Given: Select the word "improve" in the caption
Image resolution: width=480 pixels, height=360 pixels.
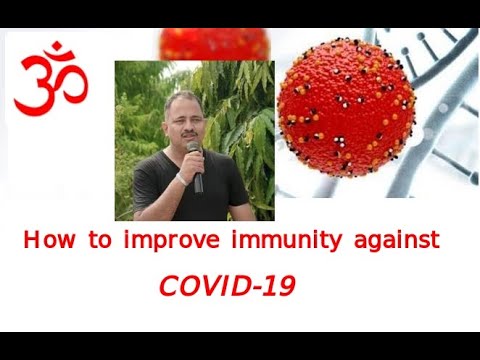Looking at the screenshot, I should pos(165,241).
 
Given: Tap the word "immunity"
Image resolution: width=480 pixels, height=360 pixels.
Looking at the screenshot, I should pos(278,241).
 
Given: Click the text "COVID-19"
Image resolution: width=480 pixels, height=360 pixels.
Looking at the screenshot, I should pos(226,286).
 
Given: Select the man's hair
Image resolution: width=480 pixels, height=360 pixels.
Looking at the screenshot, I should pos(181,99).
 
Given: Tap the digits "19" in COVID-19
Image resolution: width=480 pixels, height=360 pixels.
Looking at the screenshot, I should pos(276,286).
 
